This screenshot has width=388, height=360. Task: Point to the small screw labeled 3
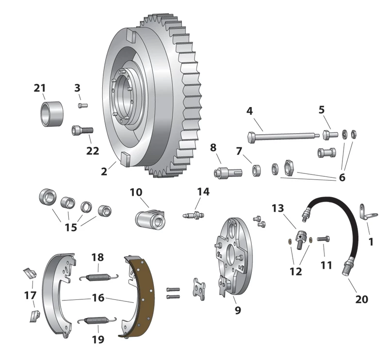coord(81,105)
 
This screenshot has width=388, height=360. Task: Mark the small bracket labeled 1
coord(364,212)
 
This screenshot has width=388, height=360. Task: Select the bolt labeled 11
coord(323,238)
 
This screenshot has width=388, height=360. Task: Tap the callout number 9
coord(238,310)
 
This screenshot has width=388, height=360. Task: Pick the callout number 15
coord(71,227)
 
